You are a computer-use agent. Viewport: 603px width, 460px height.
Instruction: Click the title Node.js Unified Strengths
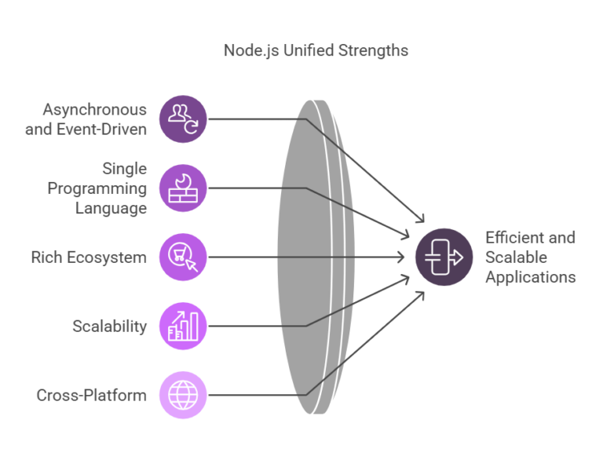[316, 50]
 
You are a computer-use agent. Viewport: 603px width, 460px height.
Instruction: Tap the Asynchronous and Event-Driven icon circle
[183, 119]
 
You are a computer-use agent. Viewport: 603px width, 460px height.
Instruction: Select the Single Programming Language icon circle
[183, 188]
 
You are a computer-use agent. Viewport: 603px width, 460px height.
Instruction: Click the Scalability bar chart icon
[183, 326]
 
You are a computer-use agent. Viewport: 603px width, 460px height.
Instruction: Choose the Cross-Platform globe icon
[183, 395]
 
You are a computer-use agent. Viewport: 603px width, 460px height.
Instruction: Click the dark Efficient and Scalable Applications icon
[444, 257]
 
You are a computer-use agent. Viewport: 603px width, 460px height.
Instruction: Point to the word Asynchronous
[94, 110]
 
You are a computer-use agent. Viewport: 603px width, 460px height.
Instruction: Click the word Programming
[97, 188]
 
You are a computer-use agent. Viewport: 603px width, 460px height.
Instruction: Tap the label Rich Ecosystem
[89, 257]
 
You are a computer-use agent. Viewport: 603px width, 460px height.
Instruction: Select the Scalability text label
[110, 327]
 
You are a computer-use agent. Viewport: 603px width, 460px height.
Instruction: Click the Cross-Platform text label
[92, 396]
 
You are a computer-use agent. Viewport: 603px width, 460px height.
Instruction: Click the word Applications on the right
[531, 277]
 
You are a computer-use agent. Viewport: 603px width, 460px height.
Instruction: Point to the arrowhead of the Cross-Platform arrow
[421, 295]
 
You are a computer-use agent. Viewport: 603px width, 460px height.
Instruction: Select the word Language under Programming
[111, 209]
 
